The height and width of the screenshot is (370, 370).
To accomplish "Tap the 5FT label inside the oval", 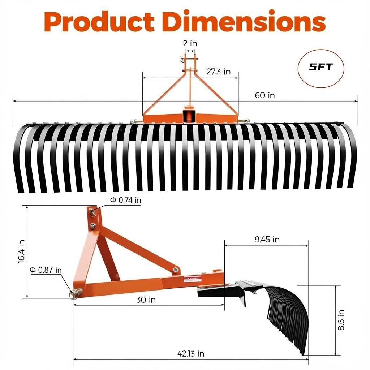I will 321,67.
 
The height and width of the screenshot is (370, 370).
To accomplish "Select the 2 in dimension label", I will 190,43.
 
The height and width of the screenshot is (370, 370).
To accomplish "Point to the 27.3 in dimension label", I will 218,72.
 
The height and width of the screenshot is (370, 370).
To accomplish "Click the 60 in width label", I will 264,95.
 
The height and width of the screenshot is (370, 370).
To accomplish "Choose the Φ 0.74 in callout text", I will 125,201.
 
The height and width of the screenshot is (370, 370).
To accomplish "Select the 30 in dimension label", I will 146,300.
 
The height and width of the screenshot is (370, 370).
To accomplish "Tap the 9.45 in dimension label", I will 267,240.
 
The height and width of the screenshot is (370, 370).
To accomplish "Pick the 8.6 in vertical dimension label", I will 341,320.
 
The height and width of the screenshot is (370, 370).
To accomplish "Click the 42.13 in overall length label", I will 191,354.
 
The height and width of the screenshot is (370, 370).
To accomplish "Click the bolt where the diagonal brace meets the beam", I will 176,270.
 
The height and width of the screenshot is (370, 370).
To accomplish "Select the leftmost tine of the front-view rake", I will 18,159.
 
